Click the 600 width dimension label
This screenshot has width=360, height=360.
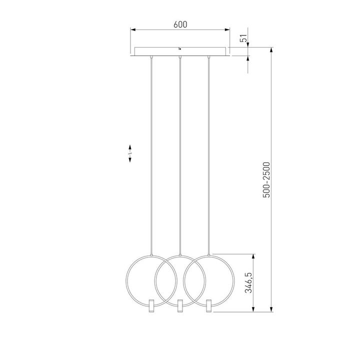click(x=180, y=24)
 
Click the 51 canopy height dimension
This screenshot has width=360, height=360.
click(x=243, y=39)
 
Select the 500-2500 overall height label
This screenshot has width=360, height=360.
click(x=266, y=179)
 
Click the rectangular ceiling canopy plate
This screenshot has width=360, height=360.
click(x=160, y=52)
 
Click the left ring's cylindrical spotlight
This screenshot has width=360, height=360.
click(x=151, y=305)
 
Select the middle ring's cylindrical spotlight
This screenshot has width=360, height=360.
click(x=179, y=305)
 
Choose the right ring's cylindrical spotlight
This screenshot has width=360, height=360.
click(x=208, y=305)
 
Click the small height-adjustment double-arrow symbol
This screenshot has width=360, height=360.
click(x=130, y=153)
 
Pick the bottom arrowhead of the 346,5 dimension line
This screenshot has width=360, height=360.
click(x=254, y=308)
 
